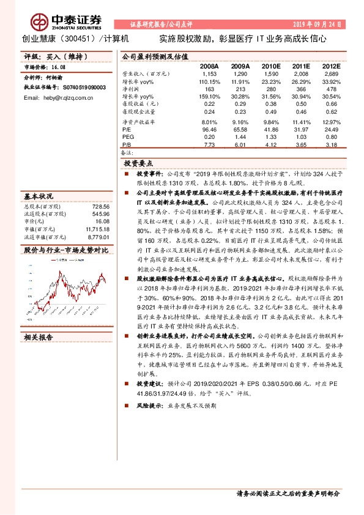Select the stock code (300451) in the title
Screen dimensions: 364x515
[80, 38]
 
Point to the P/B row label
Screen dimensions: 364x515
[126, 144]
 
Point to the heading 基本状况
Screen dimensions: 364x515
[39, 197]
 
